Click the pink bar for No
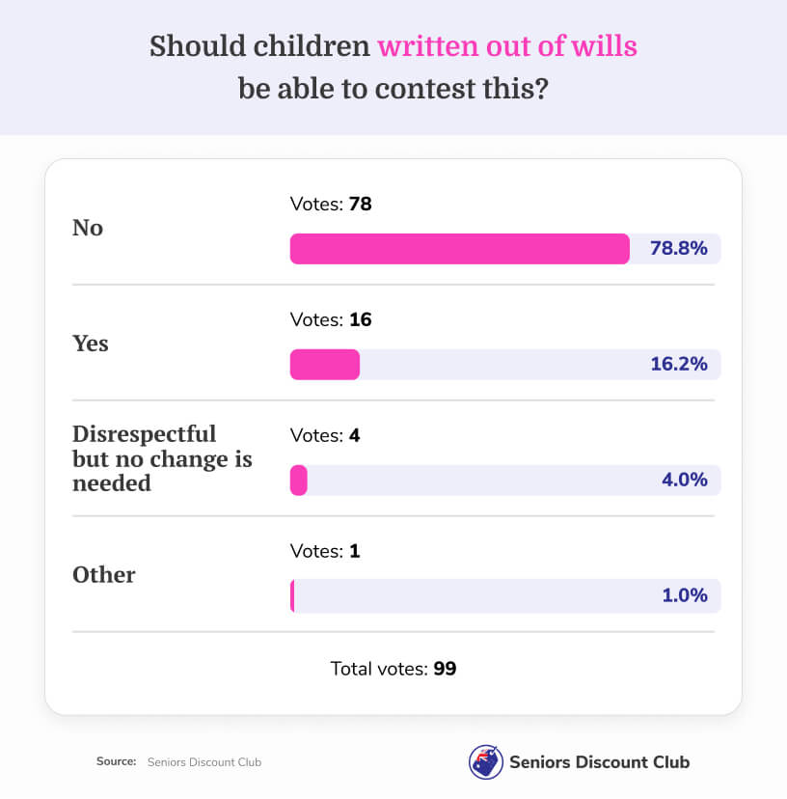pos(459,249)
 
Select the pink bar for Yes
pos(325,364)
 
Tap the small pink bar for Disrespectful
pos(299,480)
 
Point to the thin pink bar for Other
pos(292,595)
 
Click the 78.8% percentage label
pos(679,249)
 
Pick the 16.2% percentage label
pos(679,364)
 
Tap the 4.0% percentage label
pos(685,480)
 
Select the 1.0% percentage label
pos(685,595)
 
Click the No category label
pos(88,228)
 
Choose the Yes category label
pos(91,344)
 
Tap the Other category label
pos(104,575)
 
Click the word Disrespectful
pos(145,433)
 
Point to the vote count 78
pos(361,205)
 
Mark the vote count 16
pos(361,319)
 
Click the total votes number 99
pos(445,668)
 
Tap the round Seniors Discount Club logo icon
pos(484,761)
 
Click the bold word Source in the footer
pos(116,761)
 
